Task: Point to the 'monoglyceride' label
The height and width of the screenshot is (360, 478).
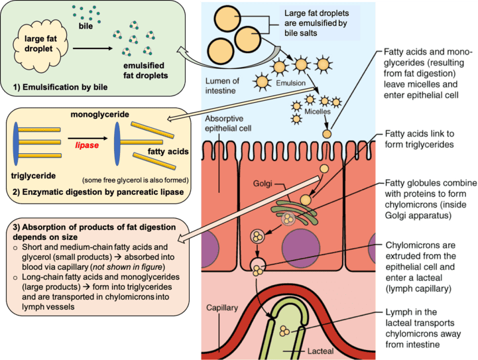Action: [x=99, y=115]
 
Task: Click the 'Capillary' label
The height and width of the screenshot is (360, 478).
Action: [x=221, y=308]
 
